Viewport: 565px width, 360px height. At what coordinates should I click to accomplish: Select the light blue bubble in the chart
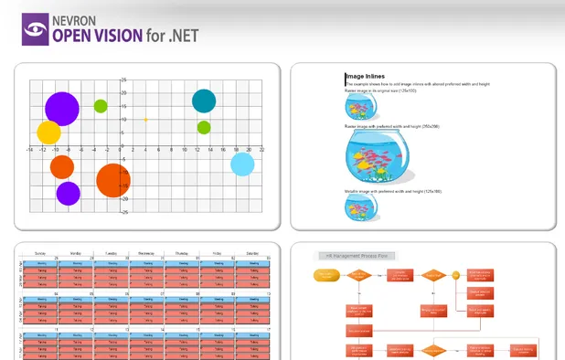[x=242, y=164]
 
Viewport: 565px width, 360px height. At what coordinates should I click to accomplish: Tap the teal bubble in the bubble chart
[x=204, y=101]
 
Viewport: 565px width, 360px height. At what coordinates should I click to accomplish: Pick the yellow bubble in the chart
[x=48, y=132]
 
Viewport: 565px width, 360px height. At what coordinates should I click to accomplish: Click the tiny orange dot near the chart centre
[x=145, y=120]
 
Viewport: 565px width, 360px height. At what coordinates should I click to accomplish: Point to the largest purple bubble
[x=61, y=108]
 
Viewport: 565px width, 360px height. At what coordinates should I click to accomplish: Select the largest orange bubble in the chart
[x=113, y=180]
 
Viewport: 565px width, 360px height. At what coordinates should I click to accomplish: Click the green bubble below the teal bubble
[x=204, y=127]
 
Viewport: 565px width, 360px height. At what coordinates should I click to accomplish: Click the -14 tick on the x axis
[x=30, y=149]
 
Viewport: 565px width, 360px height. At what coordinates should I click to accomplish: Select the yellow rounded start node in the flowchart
[x=326, y=273]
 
